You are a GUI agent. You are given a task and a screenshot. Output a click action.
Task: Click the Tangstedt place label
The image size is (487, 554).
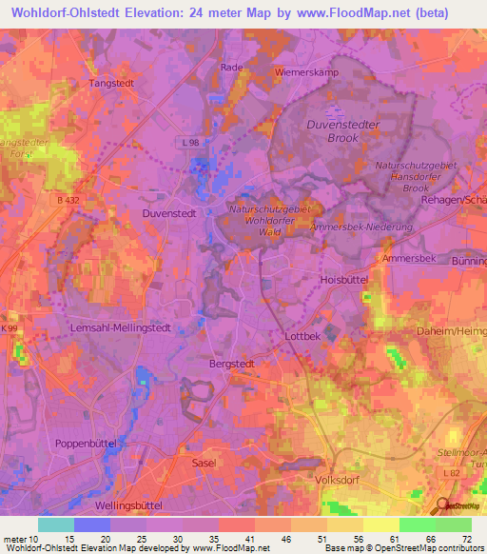coord(114,83)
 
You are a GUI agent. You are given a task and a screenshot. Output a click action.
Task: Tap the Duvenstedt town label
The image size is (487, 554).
coord(169,214)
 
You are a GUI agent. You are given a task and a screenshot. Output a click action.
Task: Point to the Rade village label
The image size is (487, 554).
coord(231,68)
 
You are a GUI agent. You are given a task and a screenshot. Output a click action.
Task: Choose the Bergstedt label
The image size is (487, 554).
coord(233,364)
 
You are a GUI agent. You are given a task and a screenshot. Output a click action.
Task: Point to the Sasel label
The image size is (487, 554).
coord(204,463)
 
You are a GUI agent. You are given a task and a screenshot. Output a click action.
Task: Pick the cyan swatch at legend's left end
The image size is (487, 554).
coord(55,524)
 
